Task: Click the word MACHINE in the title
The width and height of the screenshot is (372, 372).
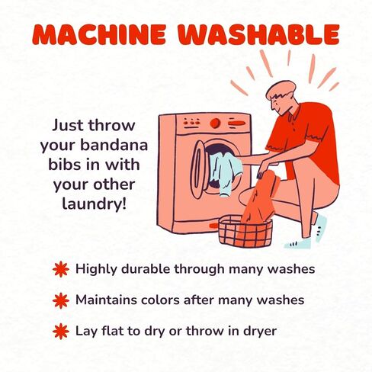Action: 99,35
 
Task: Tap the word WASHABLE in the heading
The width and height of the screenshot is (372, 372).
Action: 258,35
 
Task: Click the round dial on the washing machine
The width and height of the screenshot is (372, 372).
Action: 215,123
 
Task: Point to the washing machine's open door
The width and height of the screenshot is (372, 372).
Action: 198,169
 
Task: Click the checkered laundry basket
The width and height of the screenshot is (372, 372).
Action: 245,232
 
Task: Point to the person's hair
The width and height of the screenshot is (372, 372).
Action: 281,90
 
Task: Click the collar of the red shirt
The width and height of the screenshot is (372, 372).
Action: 295,112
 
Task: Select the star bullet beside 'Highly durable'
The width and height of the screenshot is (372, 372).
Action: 61,269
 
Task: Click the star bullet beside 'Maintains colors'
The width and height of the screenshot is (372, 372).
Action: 61,300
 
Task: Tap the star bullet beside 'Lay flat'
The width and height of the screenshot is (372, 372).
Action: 61,332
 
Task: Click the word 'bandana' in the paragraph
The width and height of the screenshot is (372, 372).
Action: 114,145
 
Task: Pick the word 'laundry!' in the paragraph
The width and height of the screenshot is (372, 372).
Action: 94,204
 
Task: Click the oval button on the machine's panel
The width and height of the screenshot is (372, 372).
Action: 237,123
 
